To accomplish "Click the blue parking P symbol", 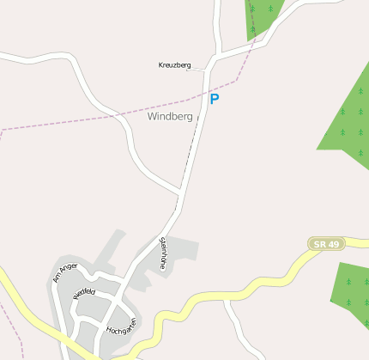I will [x=215, y=99].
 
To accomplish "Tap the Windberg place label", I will [x=170, y=116].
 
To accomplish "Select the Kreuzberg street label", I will [x=174, y=65].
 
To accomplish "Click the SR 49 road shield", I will [x=326, y=245].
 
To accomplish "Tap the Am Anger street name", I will [x=65, y=272].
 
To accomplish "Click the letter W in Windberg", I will [x=152, y=116].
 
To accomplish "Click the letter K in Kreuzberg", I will [x=161, y=65].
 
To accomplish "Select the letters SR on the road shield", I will [x=320, y=245].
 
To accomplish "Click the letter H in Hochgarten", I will [x=109, y=332].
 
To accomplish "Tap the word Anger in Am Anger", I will [x=70, y=269].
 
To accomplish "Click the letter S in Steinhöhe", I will [x=160, y=240].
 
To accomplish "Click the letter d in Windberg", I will [x=167, y=116].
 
